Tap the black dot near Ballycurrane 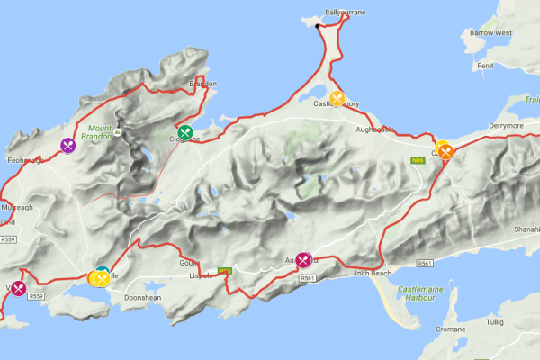pyautogui.click(x=318, y=25)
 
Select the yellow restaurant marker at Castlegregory pyautogui.click(x=337, y=98)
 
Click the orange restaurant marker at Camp pyautogui.click(x=445, y=152)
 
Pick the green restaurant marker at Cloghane pyautogui.click(x=185, y=132)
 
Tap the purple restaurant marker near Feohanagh pyautogui.click(x=68, y=144)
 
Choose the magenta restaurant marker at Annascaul pyautogui.click(x=303, y=260)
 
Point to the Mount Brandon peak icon pyautogui.click(x=118, y=132)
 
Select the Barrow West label pyautogui.click(x=490, y=33)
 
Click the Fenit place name pyautogui.click(x=487, y=65)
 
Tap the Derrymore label pyautogui.click(x=506, y=126)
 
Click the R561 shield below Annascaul pyautogui.click(x=308, y=278)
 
